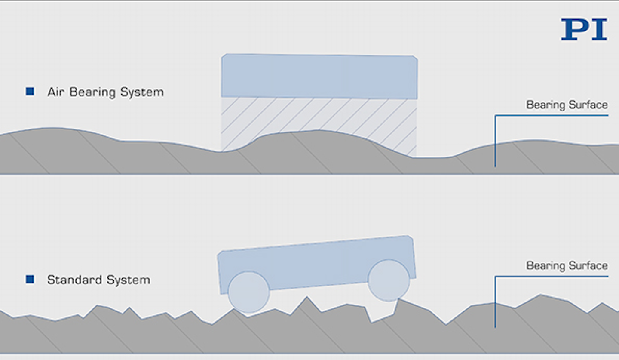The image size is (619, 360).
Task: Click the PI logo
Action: point(584,29)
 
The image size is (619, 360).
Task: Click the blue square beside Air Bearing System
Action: point(30,91)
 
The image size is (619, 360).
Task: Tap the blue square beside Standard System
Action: point(30,279)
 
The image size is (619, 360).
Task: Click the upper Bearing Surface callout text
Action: point(567,105)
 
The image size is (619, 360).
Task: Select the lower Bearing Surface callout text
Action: point(567,266)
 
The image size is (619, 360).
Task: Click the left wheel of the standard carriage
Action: point(248,292)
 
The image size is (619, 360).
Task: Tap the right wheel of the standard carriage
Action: point(389,280)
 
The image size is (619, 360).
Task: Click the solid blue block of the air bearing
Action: point(319,76)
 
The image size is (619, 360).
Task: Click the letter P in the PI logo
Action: point(573,29)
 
